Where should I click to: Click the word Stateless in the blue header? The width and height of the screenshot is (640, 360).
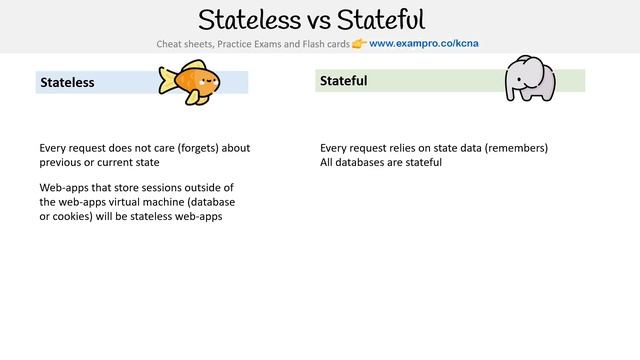click(x=68, y=82)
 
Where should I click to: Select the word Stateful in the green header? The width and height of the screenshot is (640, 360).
click(x=344, y=80)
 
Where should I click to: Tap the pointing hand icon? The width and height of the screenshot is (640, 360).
click(x=359, y=44)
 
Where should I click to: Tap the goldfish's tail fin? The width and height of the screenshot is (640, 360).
click(x=166, y=81)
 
